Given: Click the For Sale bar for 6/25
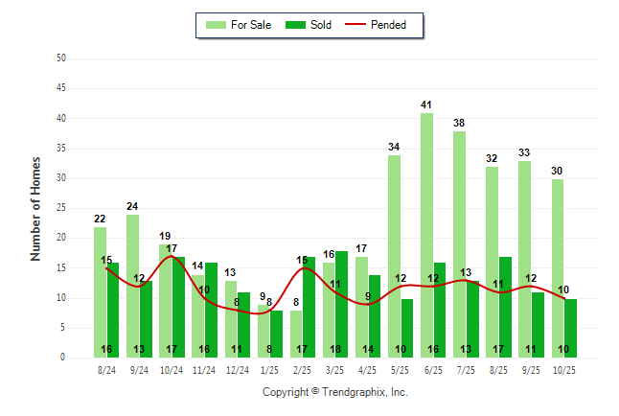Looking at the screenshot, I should coord(426,235).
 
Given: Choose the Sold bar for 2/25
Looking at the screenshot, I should coord(309,307).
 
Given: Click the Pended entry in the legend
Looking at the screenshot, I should coord(387,25).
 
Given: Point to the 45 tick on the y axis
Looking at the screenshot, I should coord(61,88).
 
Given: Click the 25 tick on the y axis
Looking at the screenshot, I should coord(61,208).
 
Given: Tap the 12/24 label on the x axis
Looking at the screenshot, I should coord(237,369).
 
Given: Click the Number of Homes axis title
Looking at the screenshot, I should coord(35,208).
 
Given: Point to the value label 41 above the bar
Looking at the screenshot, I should coord(426,104).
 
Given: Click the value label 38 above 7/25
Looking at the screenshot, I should coord(459,123).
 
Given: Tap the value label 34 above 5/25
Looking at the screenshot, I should coord(394,147).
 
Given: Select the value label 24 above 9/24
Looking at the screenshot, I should coord(132,206).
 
